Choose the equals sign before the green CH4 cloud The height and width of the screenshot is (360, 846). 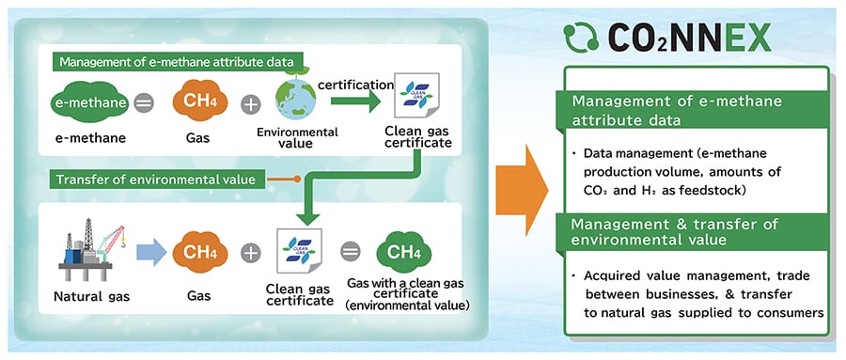pyautogui.click(x=350, y=251)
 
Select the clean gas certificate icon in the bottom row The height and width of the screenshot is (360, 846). pyautogui.click(x=300, y=251)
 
